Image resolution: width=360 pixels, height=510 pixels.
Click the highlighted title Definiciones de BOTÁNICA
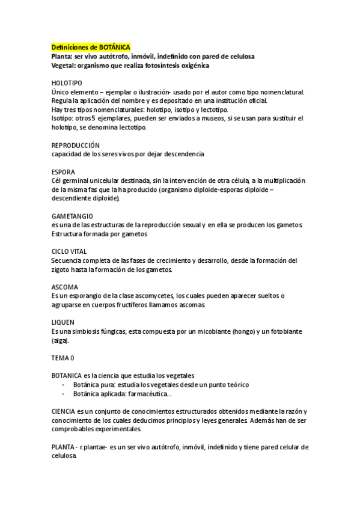click(91, 47)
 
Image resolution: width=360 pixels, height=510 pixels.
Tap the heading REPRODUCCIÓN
click(76, 146)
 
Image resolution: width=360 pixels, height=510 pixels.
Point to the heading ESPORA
click(63, 172)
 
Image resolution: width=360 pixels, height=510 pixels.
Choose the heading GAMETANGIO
click(72, 216)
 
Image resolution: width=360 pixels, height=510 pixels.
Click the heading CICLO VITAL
click(70, 251)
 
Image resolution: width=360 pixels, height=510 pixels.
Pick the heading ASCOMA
click(65, 287)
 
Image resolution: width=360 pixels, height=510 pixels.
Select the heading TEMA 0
click(63, 358)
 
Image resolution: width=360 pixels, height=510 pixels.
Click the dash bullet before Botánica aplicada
click(64, 394)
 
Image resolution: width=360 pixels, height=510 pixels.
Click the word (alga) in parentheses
click(61, 341)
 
